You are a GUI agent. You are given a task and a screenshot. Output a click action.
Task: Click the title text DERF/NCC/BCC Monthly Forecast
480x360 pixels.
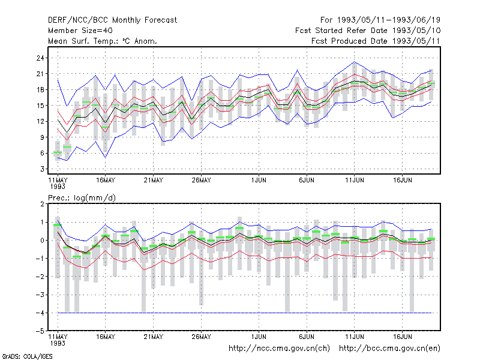tap(112, 20)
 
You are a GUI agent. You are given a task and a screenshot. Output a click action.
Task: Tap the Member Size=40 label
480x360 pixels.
tap(80, 31)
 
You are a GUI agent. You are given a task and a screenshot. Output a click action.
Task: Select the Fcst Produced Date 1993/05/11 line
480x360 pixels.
tap(376, 41)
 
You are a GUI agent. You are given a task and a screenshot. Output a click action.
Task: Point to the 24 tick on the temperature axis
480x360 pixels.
tap(40, 58)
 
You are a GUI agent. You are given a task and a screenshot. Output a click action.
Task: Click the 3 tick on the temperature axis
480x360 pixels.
tap(42, 169)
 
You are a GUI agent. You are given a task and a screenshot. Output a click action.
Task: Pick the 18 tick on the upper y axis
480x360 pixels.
tap(40, 89)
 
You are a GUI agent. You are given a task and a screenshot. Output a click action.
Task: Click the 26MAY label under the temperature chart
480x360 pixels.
tap(201, 180)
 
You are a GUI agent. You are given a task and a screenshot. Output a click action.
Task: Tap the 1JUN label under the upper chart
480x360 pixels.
tap(259, 180)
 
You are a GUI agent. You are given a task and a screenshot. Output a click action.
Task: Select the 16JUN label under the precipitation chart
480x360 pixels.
tap(402, 337)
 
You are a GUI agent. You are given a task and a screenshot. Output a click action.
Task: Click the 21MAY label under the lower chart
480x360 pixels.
tap(154, 337)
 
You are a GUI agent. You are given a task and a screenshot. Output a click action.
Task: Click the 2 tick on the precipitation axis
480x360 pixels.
tap(42, 204)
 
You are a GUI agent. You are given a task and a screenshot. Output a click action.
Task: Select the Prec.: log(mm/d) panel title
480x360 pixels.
tap(82, 198)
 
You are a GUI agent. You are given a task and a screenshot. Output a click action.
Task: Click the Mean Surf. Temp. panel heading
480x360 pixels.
tap(103, 41)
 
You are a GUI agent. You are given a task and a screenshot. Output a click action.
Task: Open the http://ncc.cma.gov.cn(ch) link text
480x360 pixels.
tap(279, 349)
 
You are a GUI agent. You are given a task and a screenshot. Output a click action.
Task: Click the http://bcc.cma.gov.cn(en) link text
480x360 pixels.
tap(389, 349)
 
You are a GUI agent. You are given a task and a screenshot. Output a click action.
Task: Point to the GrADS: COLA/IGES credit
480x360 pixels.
tap(27, 356)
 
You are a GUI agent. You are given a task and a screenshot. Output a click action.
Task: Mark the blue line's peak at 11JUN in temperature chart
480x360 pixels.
tap(354, 62)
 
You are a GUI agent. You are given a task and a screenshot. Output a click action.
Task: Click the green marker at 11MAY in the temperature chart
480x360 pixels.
tap(58, 152)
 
